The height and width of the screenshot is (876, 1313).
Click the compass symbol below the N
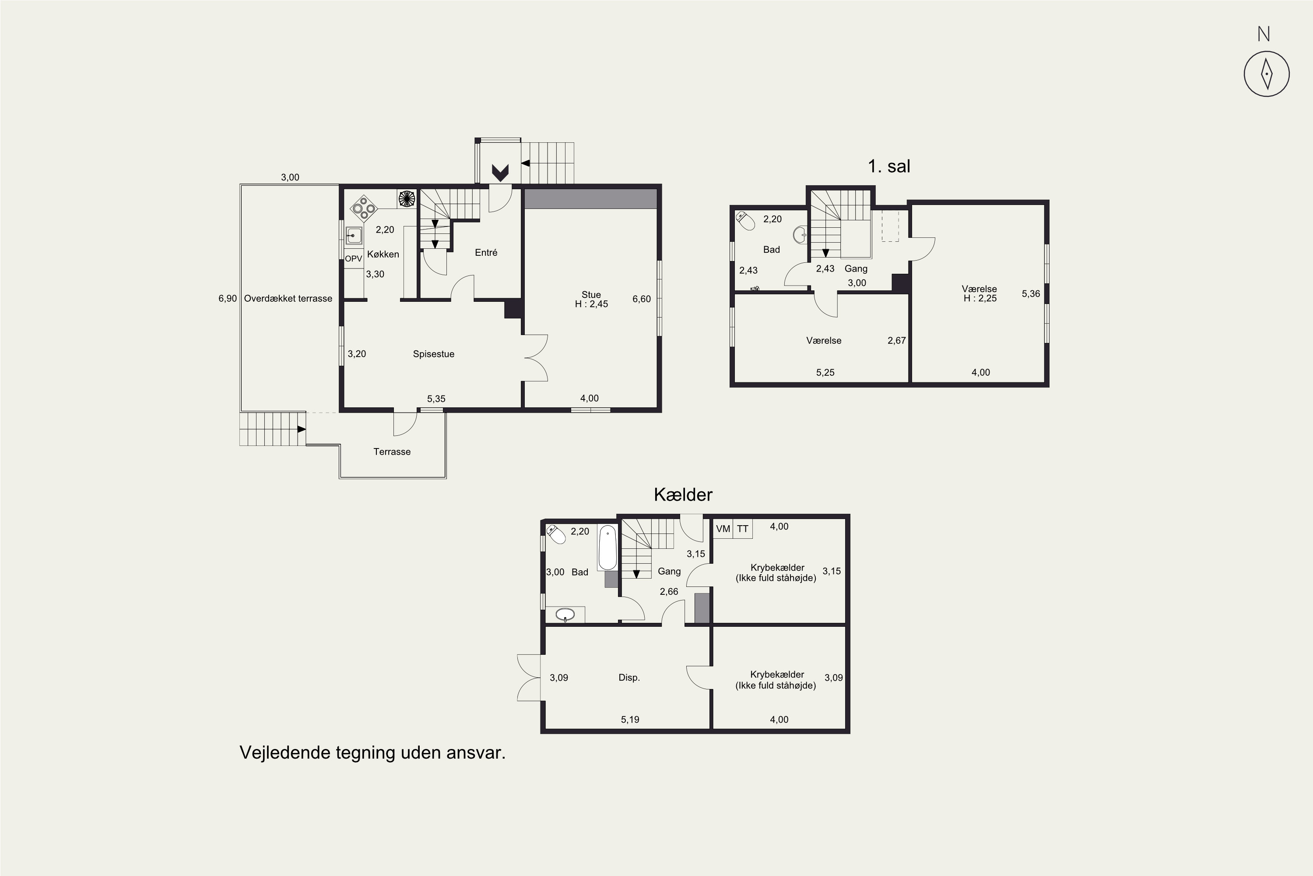point(1267,74)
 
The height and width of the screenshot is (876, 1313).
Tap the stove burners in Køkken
point(363,208)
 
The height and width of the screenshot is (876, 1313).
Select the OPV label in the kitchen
point(353,259)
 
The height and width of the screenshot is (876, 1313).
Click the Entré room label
point(486,253)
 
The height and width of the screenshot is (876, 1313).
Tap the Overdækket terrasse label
point(288,298)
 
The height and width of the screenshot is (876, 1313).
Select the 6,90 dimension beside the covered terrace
point(227,299)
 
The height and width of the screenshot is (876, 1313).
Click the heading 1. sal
point(889,166)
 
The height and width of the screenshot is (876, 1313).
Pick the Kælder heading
point(683,495)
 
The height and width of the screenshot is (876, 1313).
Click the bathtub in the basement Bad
point(607,547)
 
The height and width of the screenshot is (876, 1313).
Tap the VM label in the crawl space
point(723,529)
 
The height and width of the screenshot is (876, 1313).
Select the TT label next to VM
point(742,529)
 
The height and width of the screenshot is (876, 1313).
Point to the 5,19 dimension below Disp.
point(630,720)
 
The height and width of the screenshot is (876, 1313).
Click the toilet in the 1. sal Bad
point(745,220)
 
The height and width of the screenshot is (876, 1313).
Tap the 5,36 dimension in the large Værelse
point(1031,294)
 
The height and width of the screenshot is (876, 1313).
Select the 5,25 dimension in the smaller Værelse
point(825,373)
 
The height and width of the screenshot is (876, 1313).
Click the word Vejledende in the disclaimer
point(285,752)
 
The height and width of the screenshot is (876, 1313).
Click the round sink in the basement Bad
point(565,615)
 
